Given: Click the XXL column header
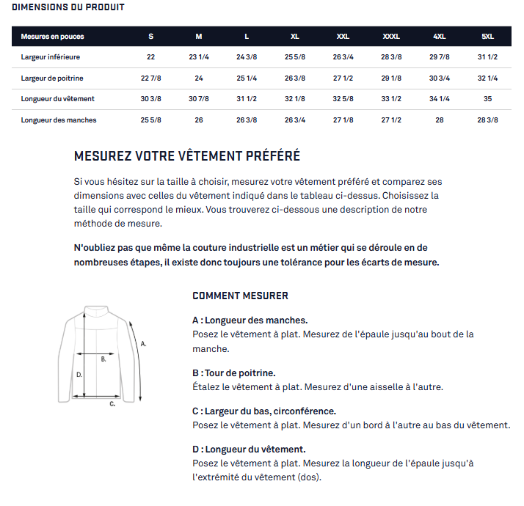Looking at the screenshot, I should (343, 37).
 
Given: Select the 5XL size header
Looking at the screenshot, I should (487, 37).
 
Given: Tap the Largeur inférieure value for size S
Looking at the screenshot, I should (150, 57).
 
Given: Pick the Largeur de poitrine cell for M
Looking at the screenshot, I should (198, 78).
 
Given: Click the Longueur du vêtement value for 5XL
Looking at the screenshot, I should (487, 99).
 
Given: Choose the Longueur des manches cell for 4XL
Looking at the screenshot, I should (439, 120).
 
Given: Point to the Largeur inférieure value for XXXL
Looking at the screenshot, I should (391, 57).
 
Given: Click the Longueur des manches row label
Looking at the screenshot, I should (59, 120).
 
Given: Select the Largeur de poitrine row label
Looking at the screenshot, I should (55, 78).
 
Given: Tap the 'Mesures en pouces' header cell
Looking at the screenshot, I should (52, 37).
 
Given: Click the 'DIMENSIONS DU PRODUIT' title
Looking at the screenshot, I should (68, 7).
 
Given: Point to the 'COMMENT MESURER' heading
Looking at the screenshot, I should (240, 296).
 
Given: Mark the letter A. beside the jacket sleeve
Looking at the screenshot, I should (144, 342).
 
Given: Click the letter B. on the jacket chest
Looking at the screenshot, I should (103, 359).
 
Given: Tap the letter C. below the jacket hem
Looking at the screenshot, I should (112, 403).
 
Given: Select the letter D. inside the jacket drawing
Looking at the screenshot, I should (79, 374).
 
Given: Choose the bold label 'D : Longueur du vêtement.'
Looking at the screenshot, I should (249, 449).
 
